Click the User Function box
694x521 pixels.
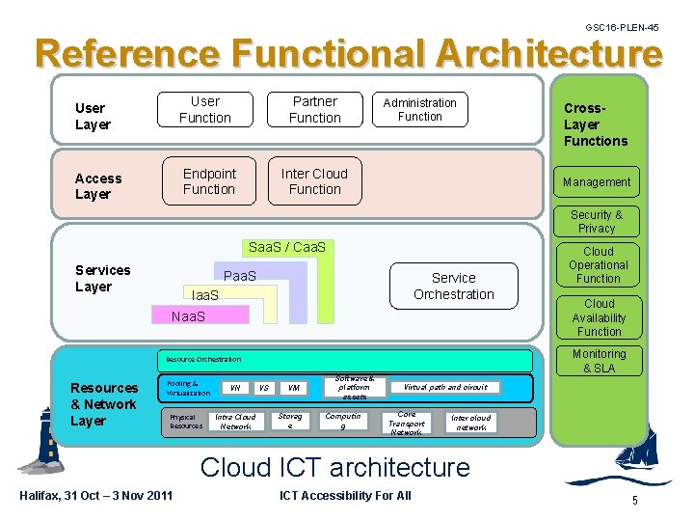(x=205, y=110)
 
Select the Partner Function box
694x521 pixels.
(x=315, y=110)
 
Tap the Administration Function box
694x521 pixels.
(x=420, y=110)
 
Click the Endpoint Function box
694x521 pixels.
(x=208, y=181)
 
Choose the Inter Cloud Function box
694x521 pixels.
(x=314, y=181)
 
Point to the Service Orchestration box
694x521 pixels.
(x=453, y=286)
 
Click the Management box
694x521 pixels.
(x=597, y=181)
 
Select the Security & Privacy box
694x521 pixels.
(x=597, y=222)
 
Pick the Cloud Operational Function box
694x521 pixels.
(x=598, y=265)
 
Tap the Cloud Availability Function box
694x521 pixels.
(x=599, y=317)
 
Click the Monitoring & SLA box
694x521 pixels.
(x=599, y=361)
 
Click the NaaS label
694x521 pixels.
(x=188, y=316)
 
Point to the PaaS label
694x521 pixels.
(x=240, y=277)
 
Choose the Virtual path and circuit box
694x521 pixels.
(x=445, y=387)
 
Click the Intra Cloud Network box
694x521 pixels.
(x=235, y=423)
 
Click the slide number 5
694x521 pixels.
(x=634, y=500)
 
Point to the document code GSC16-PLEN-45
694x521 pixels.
(x=622, y=28)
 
